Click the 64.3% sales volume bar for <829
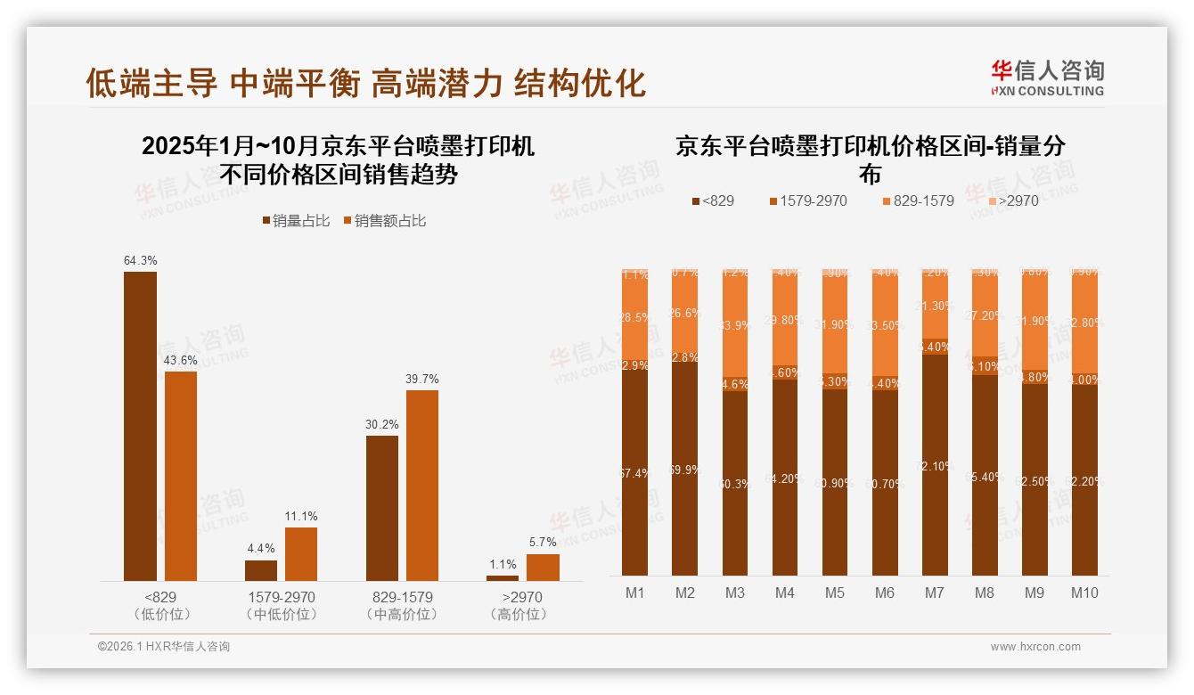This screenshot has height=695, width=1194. point(140,426)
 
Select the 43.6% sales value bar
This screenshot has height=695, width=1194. point(181,476)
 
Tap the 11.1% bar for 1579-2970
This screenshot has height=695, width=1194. point(301,553)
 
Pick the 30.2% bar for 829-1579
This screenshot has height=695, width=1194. point(382,508)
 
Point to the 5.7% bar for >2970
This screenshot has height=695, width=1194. point(543,567)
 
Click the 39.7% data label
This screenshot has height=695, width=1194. point(422,379)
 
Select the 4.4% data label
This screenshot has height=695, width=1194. point(261,548)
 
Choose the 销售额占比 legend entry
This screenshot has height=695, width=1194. point(384,221)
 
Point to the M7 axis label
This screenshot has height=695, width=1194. point(935,593)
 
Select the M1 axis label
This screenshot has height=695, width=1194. point(635,593)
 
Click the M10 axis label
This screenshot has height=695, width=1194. point(1084,593)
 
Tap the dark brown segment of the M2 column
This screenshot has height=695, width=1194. point(685,468)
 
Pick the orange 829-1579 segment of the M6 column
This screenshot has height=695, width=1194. point(885,330)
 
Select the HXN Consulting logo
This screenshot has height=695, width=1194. point(1047,78)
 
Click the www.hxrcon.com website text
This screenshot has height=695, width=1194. point(1035,647)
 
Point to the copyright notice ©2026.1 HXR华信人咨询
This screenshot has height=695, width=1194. point(164,647)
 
